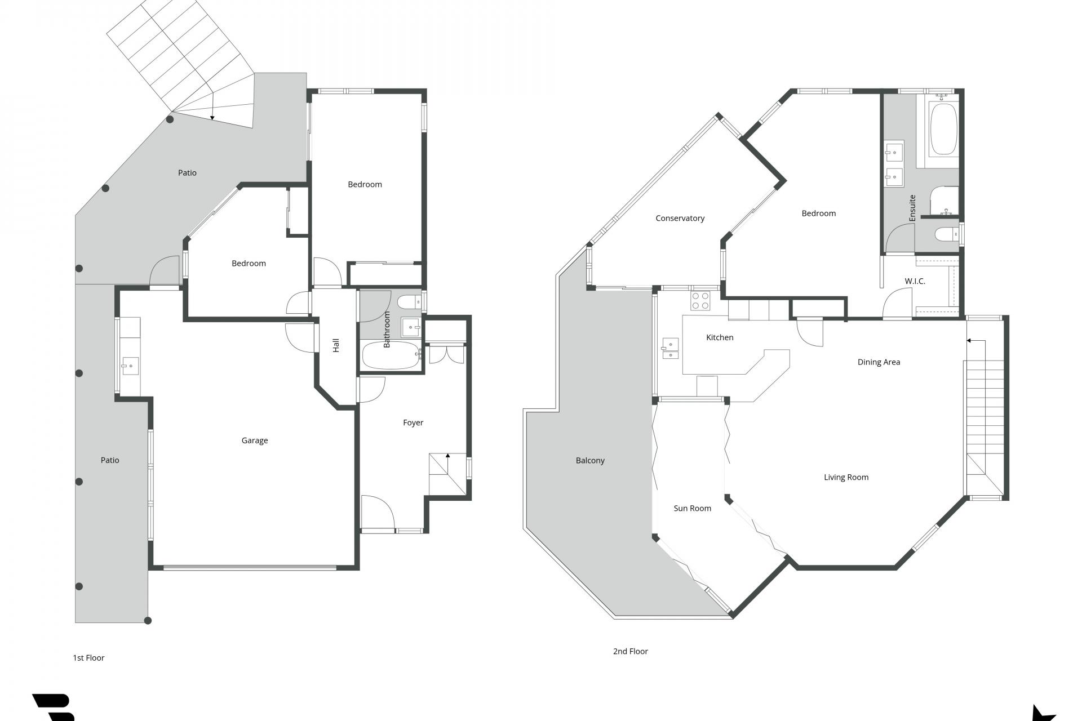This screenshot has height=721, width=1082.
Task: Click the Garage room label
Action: (x=255, y=440)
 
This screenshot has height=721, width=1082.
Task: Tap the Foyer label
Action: (x=413, y=422)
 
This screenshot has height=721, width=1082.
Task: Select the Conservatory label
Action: (x=680, y=218)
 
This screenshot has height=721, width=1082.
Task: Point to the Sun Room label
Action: (x=692, y=508)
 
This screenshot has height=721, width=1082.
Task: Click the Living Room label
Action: (x=846, y=477)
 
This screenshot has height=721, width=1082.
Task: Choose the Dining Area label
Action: (x=879, y=362)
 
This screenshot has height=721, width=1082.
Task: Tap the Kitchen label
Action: (x=720, y=337)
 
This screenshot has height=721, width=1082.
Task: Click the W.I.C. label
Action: (x=915, y=281)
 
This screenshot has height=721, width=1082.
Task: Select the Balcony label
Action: (x=590, y=460)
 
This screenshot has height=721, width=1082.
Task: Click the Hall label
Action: (x=336, y=345)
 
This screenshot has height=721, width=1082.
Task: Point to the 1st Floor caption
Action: (x=88, y=657)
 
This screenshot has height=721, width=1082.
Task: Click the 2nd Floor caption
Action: (x=630, y=651)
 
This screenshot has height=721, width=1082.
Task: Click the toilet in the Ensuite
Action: (x=945, y=234)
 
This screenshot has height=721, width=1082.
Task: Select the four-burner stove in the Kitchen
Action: (x=700, y=301)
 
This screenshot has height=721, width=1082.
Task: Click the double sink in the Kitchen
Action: (x=671, y=348)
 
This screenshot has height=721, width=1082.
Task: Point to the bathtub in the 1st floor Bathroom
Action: (x=390, y=355)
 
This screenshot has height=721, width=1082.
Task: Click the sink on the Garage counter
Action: (x=130, y=366)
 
